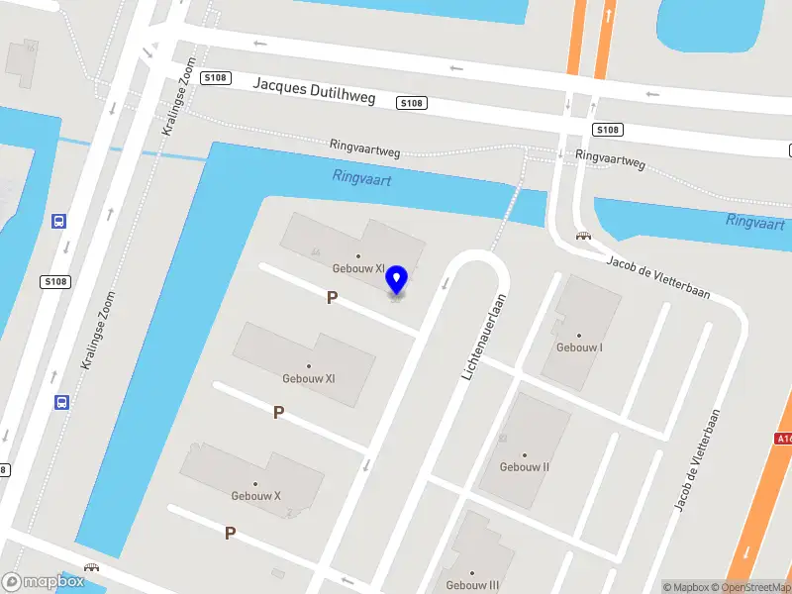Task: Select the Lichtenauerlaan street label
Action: [x=483, y=337]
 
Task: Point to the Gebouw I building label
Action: [x=579, y=347]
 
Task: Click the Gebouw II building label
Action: [x=525, y=466]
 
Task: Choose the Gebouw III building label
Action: [x=472, y=584]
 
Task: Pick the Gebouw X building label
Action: [x=256, y=495]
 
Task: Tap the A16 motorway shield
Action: [x=783, y=439]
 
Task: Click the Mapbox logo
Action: [x=44, y=582]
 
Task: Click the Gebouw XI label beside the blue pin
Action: [x=358, y=268]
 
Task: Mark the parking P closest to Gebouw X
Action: [x=230, y=533]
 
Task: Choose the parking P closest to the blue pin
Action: [x=333, y=297]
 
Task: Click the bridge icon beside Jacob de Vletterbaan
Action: [x=584, y=236]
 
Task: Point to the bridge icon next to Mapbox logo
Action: [x=93, y=568]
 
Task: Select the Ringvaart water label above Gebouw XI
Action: [x=362, y=179]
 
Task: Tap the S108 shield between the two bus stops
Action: [x=55, y=282]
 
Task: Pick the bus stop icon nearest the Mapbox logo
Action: [x=60, y=402]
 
